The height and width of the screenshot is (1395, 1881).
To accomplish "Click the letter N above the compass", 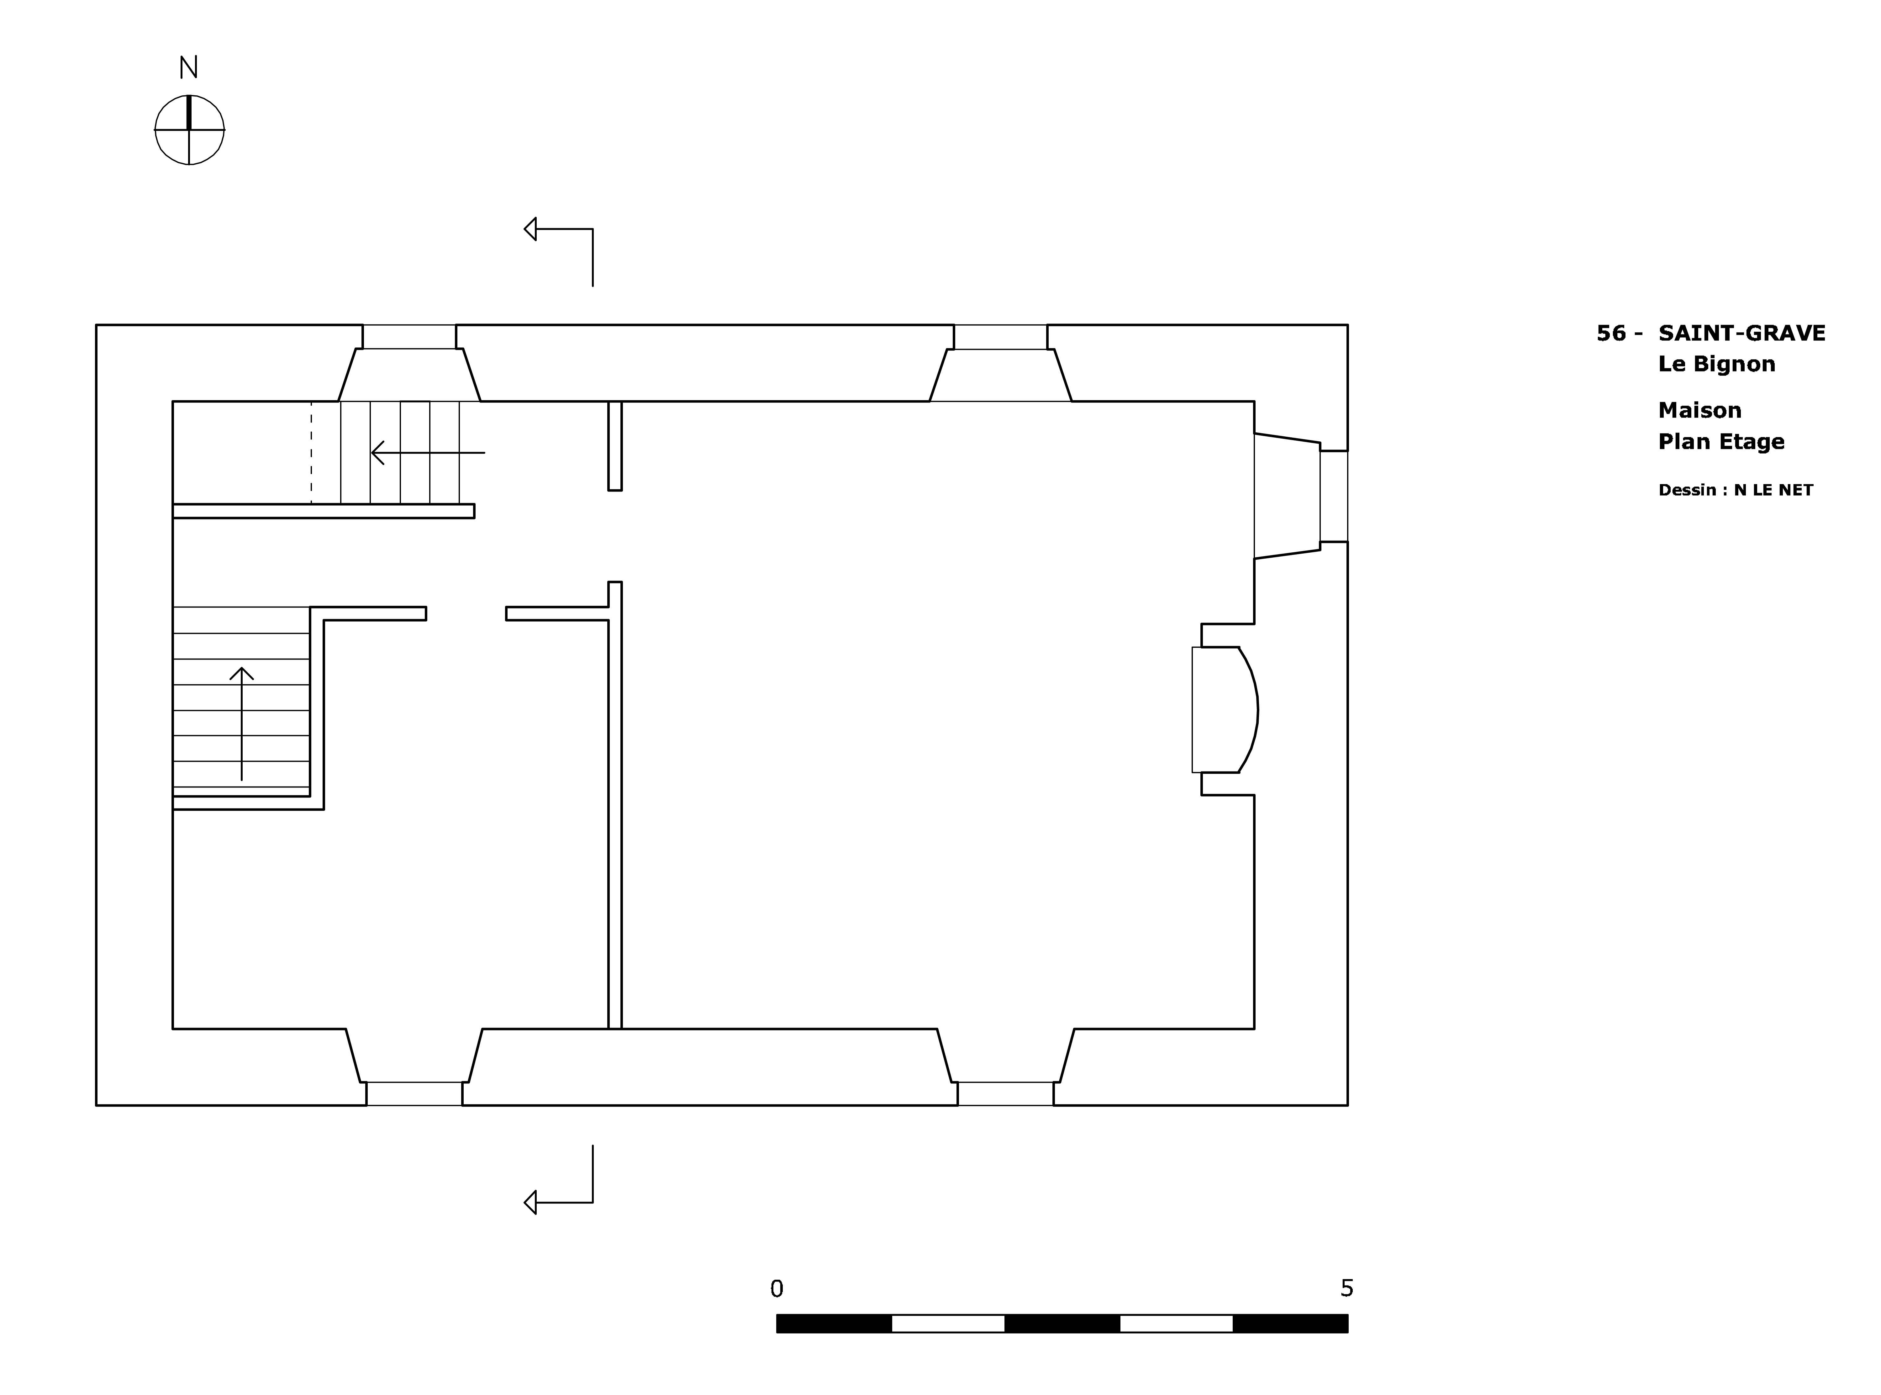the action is click(188, 67).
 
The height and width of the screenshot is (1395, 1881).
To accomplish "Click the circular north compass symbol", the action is click(189, 130).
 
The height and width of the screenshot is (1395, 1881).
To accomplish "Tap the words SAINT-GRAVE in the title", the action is click(1742, 334).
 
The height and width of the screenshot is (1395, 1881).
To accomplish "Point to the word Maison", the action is click(1699, 410).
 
